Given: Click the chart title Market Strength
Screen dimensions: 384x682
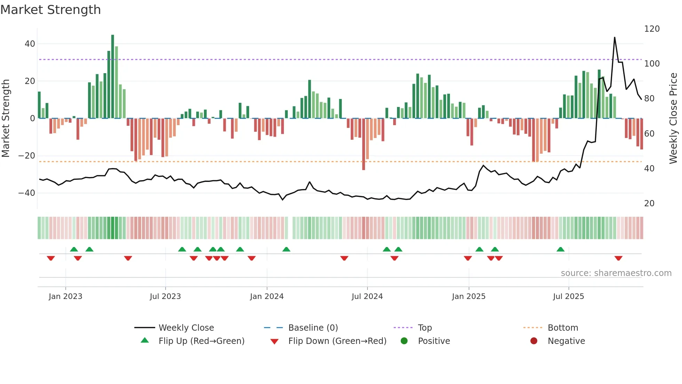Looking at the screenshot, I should pyautogui.click(x=50, y=10).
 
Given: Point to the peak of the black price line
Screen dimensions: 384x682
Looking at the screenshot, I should pyautogui.click(x=614, y=38).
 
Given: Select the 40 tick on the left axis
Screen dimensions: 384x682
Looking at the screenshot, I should pyautogui.click(x=30, y=44).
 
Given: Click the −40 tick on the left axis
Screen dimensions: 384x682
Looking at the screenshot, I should pyautogui.click(x=27, y=193).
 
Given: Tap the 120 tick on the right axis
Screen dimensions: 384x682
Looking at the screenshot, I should pyautogui.click(x=651, y=29).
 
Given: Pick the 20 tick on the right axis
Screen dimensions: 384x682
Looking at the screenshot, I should pyautogui.click(x=649, y=203).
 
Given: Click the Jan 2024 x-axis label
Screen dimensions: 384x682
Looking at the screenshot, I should pyautogui.click(x=267, y=297).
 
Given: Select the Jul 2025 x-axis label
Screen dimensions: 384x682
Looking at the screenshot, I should pyautogui.click(x=568, y=297).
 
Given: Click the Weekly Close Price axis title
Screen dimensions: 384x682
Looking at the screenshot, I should pyautogui.click(x=673, y=118).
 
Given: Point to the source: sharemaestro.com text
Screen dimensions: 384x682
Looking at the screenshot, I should pyautogui.click(x=616, y=273).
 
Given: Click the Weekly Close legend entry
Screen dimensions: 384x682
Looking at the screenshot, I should pyautogui.click(x=186, y=328).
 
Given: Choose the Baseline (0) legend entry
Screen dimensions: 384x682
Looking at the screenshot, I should pyautogui.click(x=313, y=328).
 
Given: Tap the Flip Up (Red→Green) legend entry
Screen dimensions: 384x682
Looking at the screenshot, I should pyautogui.click(x=201, y=341).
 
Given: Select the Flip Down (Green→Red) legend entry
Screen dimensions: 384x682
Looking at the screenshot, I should pyautogui.click(x=337, y=341).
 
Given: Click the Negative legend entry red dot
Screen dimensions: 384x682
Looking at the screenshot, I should pyautogui.click(x=533, y=341).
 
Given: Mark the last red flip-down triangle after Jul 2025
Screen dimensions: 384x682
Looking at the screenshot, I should pyautogui.click(x=618, y=258).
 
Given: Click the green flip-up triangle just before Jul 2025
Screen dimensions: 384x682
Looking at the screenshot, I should pyautogui.click(x=560, y=249).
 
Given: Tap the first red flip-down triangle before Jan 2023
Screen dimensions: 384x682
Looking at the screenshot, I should pyautogui.click(x=51, y=258).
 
